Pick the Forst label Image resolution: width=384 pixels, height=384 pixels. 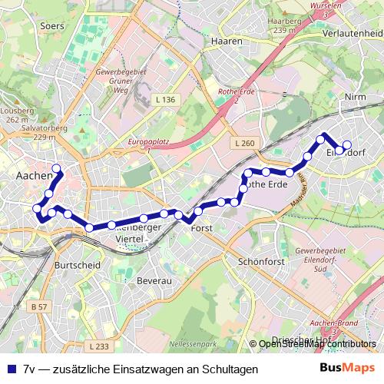click(201, 229)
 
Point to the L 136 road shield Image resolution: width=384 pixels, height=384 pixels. click(164, 100)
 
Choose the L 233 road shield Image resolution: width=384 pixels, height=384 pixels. click(94, 346)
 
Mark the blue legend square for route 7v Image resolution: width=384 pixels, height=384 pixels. click(10, 370)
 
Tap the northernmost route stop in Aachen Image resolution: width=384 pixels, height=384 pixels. click(56, 168)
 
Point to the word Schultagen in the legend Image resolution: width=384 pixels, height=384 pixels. click(229, 370)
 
